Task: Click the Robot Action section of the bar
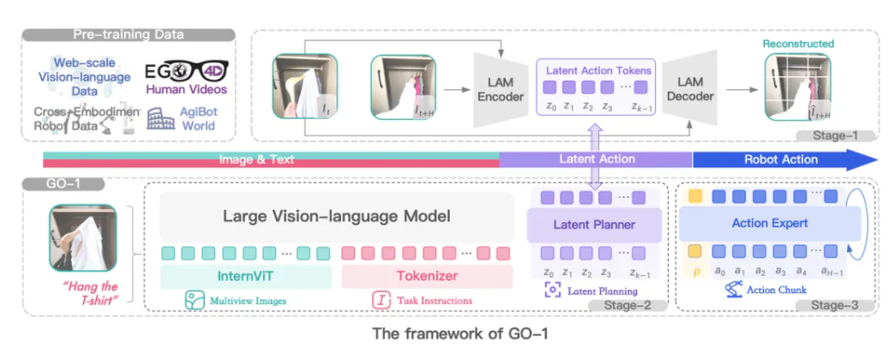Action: [x=780, y=159]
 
